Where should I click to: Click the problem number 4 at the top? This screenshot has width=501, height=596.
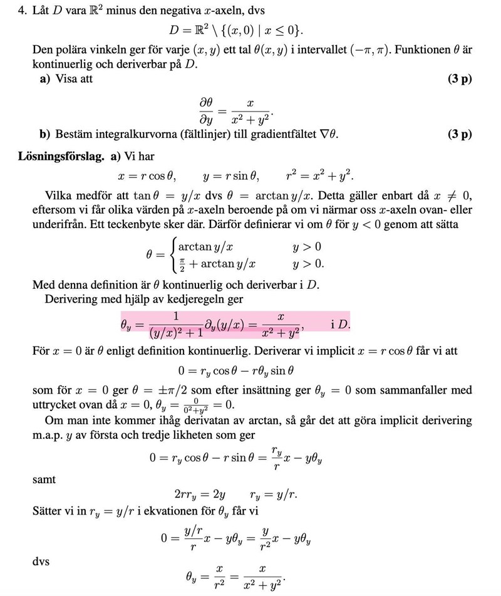[x=21, y=12]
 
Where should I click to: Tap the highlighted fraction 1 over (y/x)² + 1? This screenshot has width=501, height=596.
[x=176, y=325]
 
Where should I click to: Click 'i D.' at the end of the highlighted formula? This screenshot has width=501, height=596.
[x=341, y=325]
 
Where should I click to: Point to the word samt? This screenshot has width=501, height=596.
[x=44, y=479]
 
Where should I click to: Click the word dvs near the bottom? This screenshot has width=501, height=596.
[x=41, y=562]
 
